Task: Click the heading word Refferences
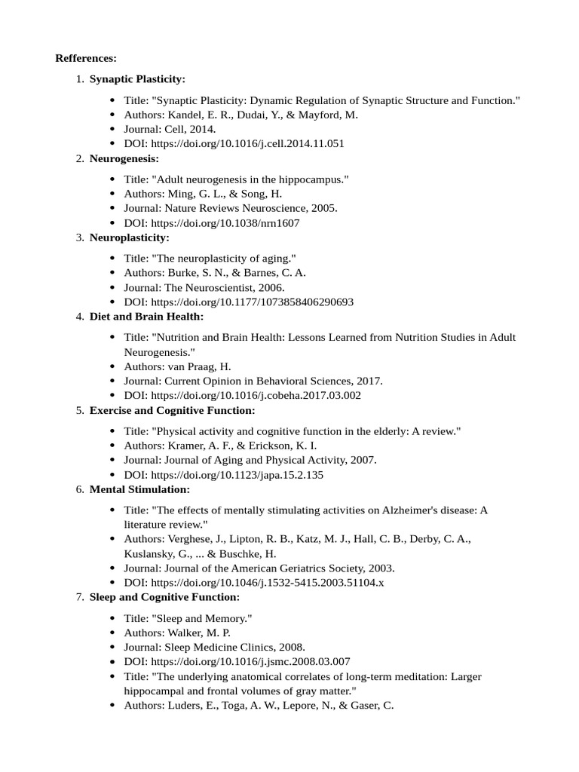coord(86,58)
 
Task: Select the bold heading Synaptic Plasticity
coord(137,79)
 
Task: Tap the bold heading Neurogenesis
coord(124,158)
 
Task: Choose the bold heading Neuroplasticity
coord(130,237)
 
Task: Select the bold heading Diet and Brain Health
coord(146,317)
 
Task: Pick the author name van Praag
coord(194,366)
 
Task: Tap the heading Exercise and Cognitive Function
coord(172,410)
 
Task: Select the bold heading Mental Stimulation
coord(139,489)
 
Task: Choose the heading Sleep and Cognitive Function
coord(164,597)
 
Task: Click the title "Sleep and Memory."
coord(201,618)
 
